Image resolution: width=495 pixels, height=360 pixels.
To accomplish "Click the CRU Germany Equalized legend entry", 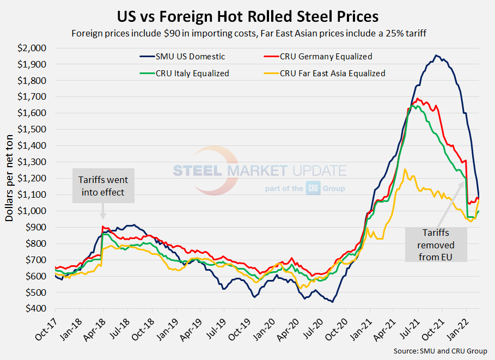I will pyautogui.click(x=327, y=56).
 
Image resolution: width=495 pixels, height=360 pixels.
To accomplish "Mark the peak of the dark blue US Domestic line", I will pyautogui.click(x=436, y=55).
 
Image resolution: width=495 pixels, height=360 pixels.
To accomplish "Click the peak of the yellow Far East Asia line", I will pyautogui.click(x=404, y=169).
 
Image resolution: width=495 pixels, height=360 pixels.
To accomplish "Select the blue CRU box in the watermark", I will pyautogui.click(x=315, y=187).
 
